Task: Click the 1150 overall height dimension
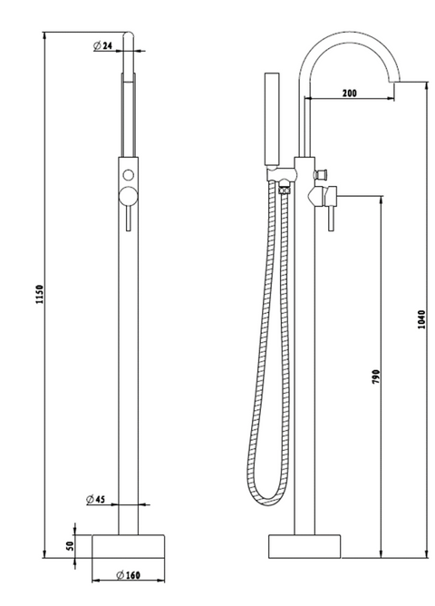(x=40, y=294)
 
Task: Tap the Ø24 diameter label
(x=102, y=45)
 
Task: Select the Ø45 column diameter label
(x=96, y=499)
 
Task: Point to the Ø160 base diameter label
(x=128, y=575)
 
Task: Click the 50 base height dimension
(x=70, y=546)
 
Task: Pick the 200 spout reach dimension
(x=350, y=93)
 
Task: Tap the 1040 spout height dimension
(x=421, y=319)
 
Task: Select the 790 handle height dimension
(x=376, y=376)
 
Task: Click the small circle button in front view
(x=128, y=175)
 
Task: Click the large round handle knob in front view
(x=128, y=196)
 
